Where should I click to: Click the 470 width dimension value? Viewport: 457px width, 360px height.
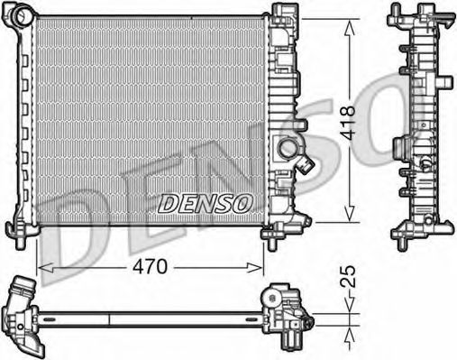[151, 267]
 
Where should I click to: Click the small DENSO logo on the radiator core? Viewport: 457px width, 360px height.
[205, 204]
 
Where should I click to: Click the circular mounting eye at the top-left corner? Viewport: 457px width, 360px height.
[21, 15]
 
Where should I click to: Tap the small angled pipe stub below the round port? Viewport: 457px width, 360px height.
[306, 164]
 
